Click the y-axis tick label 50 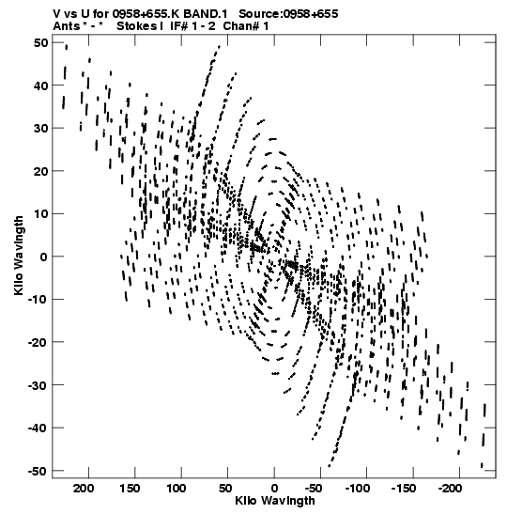[x=40, y=43]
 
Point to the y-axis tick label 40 [x=40, y=86]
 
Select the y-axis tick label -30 [x=38, y=385]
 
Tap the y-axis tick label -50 [x=38, y=471]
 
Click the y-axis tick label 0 [x=44, y=257]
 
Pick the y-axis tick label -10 [x=38, y=300]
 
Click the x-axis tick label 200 [x=84, y=489]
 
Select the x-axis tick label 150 [x=130, y=489]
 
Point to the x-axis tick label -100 [x=358, y=489]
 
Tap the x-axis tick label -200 [x=451, y=489]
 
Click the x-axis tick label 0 [x=274, y=489]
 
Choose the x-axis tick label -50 [x=314, y=489]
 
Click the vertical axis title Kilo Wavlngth [x=19, y=256]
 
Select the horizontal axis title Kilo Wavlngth [x=275, y=501]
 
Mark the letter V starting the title [x=56, y=14]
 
